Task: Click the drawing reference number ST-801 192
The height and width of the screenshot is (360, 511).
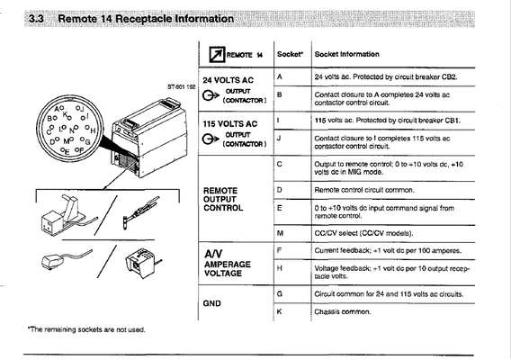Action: (x=182, y=86)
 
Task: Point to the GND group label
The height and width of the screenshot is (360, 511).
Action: (x=216, y=303)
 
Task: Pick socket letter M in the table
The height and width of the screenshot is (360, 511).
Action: (x=281, y=233)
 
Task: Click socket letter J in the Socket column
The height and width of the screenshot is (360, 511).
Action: (x=280, y=138)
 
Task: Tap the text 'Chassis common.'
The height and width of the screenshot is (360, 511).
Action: (x=343, y=311)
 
